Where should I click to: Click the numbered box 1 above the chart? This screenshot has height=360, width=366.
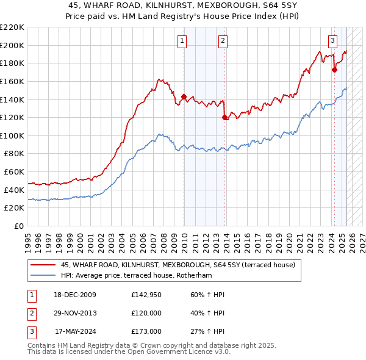point(182,41)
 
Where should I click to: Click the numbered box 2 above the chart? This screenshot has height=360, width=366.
point(223,41)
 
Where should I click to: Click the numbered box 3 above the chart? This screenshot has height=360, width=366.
point(332,41)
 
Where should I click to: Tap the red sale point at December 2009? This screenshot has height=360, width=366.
point(184,96)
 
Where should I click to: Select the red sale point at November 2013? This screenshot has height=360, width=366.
point(225,117)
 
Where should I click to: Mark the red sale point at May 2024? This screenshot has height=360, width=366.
point(334,70)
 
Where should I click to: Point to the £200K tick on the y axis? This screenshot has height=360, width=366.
point(12,45)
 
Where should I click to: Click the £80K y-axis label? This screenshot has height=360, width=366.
point(14,154)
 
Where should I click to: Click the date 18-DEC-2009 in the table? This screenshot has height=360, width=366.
point(75,295)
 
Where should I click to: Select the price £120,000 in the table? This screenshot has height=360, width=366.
point(146,313)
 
